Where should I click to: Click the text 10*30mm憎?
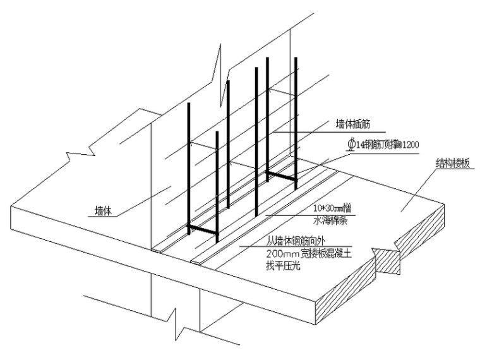click(332, 208)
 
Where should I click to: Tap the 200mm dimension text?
click(280, 255)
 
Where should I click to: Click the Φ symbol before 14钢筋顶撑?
click(351, 145)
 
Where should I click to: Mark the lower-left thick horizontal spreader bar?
click(203, 231)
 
